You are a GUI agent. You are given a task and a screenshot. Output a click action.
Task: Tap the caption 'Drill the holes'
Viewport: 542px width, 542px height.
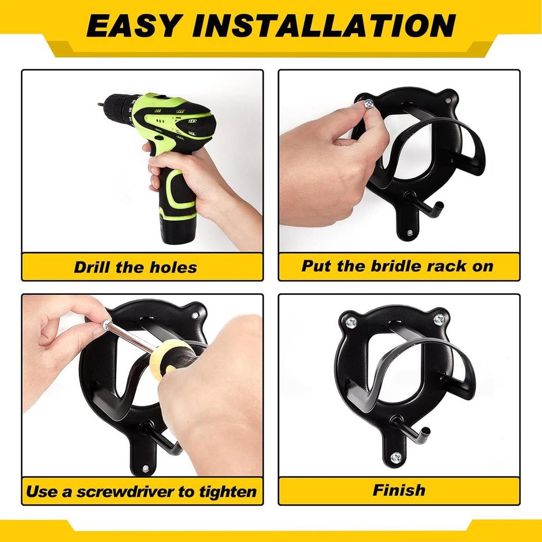click(x=135, y=266)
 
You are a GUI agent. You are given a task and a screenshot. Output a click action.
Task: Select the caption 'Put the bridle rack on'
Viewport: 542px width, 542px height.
click(x=398, y=266)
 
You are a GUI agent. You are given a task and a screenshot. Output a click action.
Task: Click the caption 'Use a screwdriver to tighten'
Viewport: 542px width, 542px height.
click(x=141, y=491)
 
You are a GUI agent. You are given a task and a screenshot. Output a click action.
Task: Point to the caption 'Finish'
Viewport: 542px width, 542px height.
click(x=399, y=490)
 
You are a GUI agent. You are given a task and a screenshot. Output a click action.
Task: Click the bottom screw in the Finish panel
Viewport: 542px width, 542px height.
click(x=395, y=458)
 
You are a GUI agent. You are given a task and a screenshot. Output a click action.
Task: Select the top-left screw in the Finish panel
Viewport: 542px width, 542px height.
click(x=351, y=321)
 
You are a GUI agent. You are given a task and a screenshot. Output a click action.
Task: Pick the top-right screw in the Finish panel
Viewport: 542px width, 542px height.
click(x=439, y=319)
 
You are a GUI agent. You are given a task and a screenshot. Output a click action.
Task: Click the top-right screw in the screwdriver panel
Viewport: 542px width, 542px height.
click(x=195, y=315)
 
